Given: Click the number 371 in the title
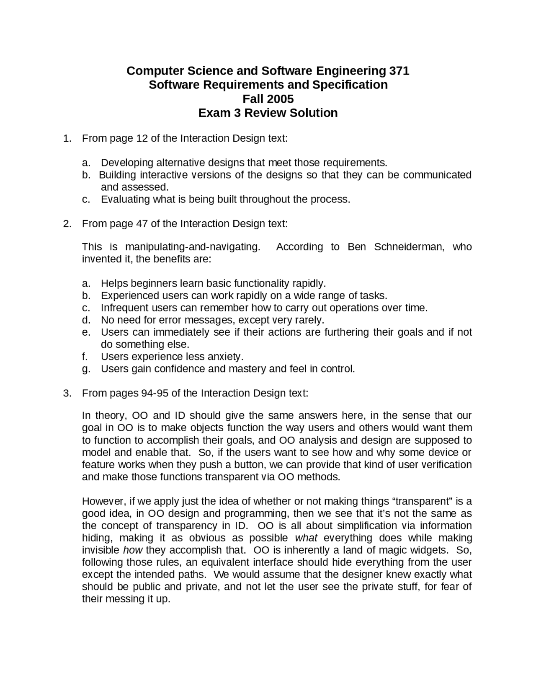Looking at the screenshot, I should (399, 71).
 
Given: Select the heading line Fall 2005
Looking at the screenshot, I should (268, 99).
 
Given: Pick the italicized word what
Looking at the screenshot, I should (306, 538).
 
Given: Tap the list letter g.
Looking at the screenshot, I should (86, 369).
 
